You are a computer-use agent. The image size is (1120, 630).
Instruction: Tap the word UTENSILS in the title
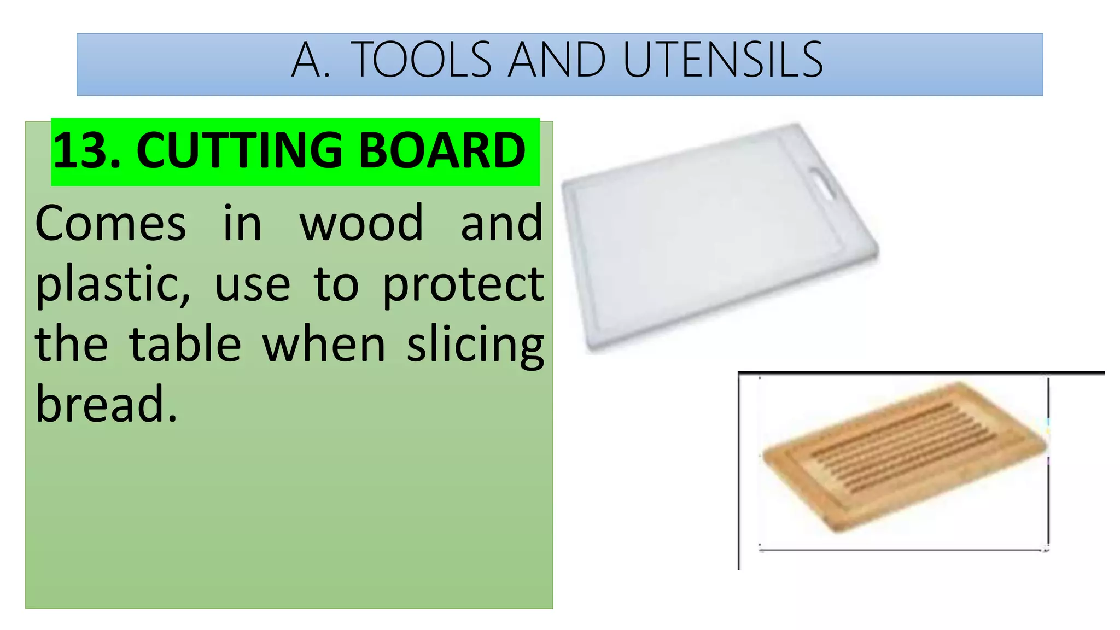pyautogui.click(x=722, y=60)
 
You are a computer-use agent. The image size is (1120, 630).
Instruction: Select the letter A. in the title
pyautogui.click(x=311, y=60)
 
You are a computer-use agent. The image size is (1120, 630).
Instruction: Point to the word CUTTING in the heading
pyautogui.click(x=239, y=150)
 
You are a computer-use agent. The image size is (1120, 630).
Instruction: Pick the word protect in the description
pyautogui.click(x=463, y=284)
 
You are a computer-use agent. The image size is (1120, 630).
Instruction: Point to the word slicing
pyautogui.click(x=475, y=346)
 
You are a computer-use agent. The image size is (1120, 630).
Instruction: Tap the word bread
pyautogui.click(x=106, y=405)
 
